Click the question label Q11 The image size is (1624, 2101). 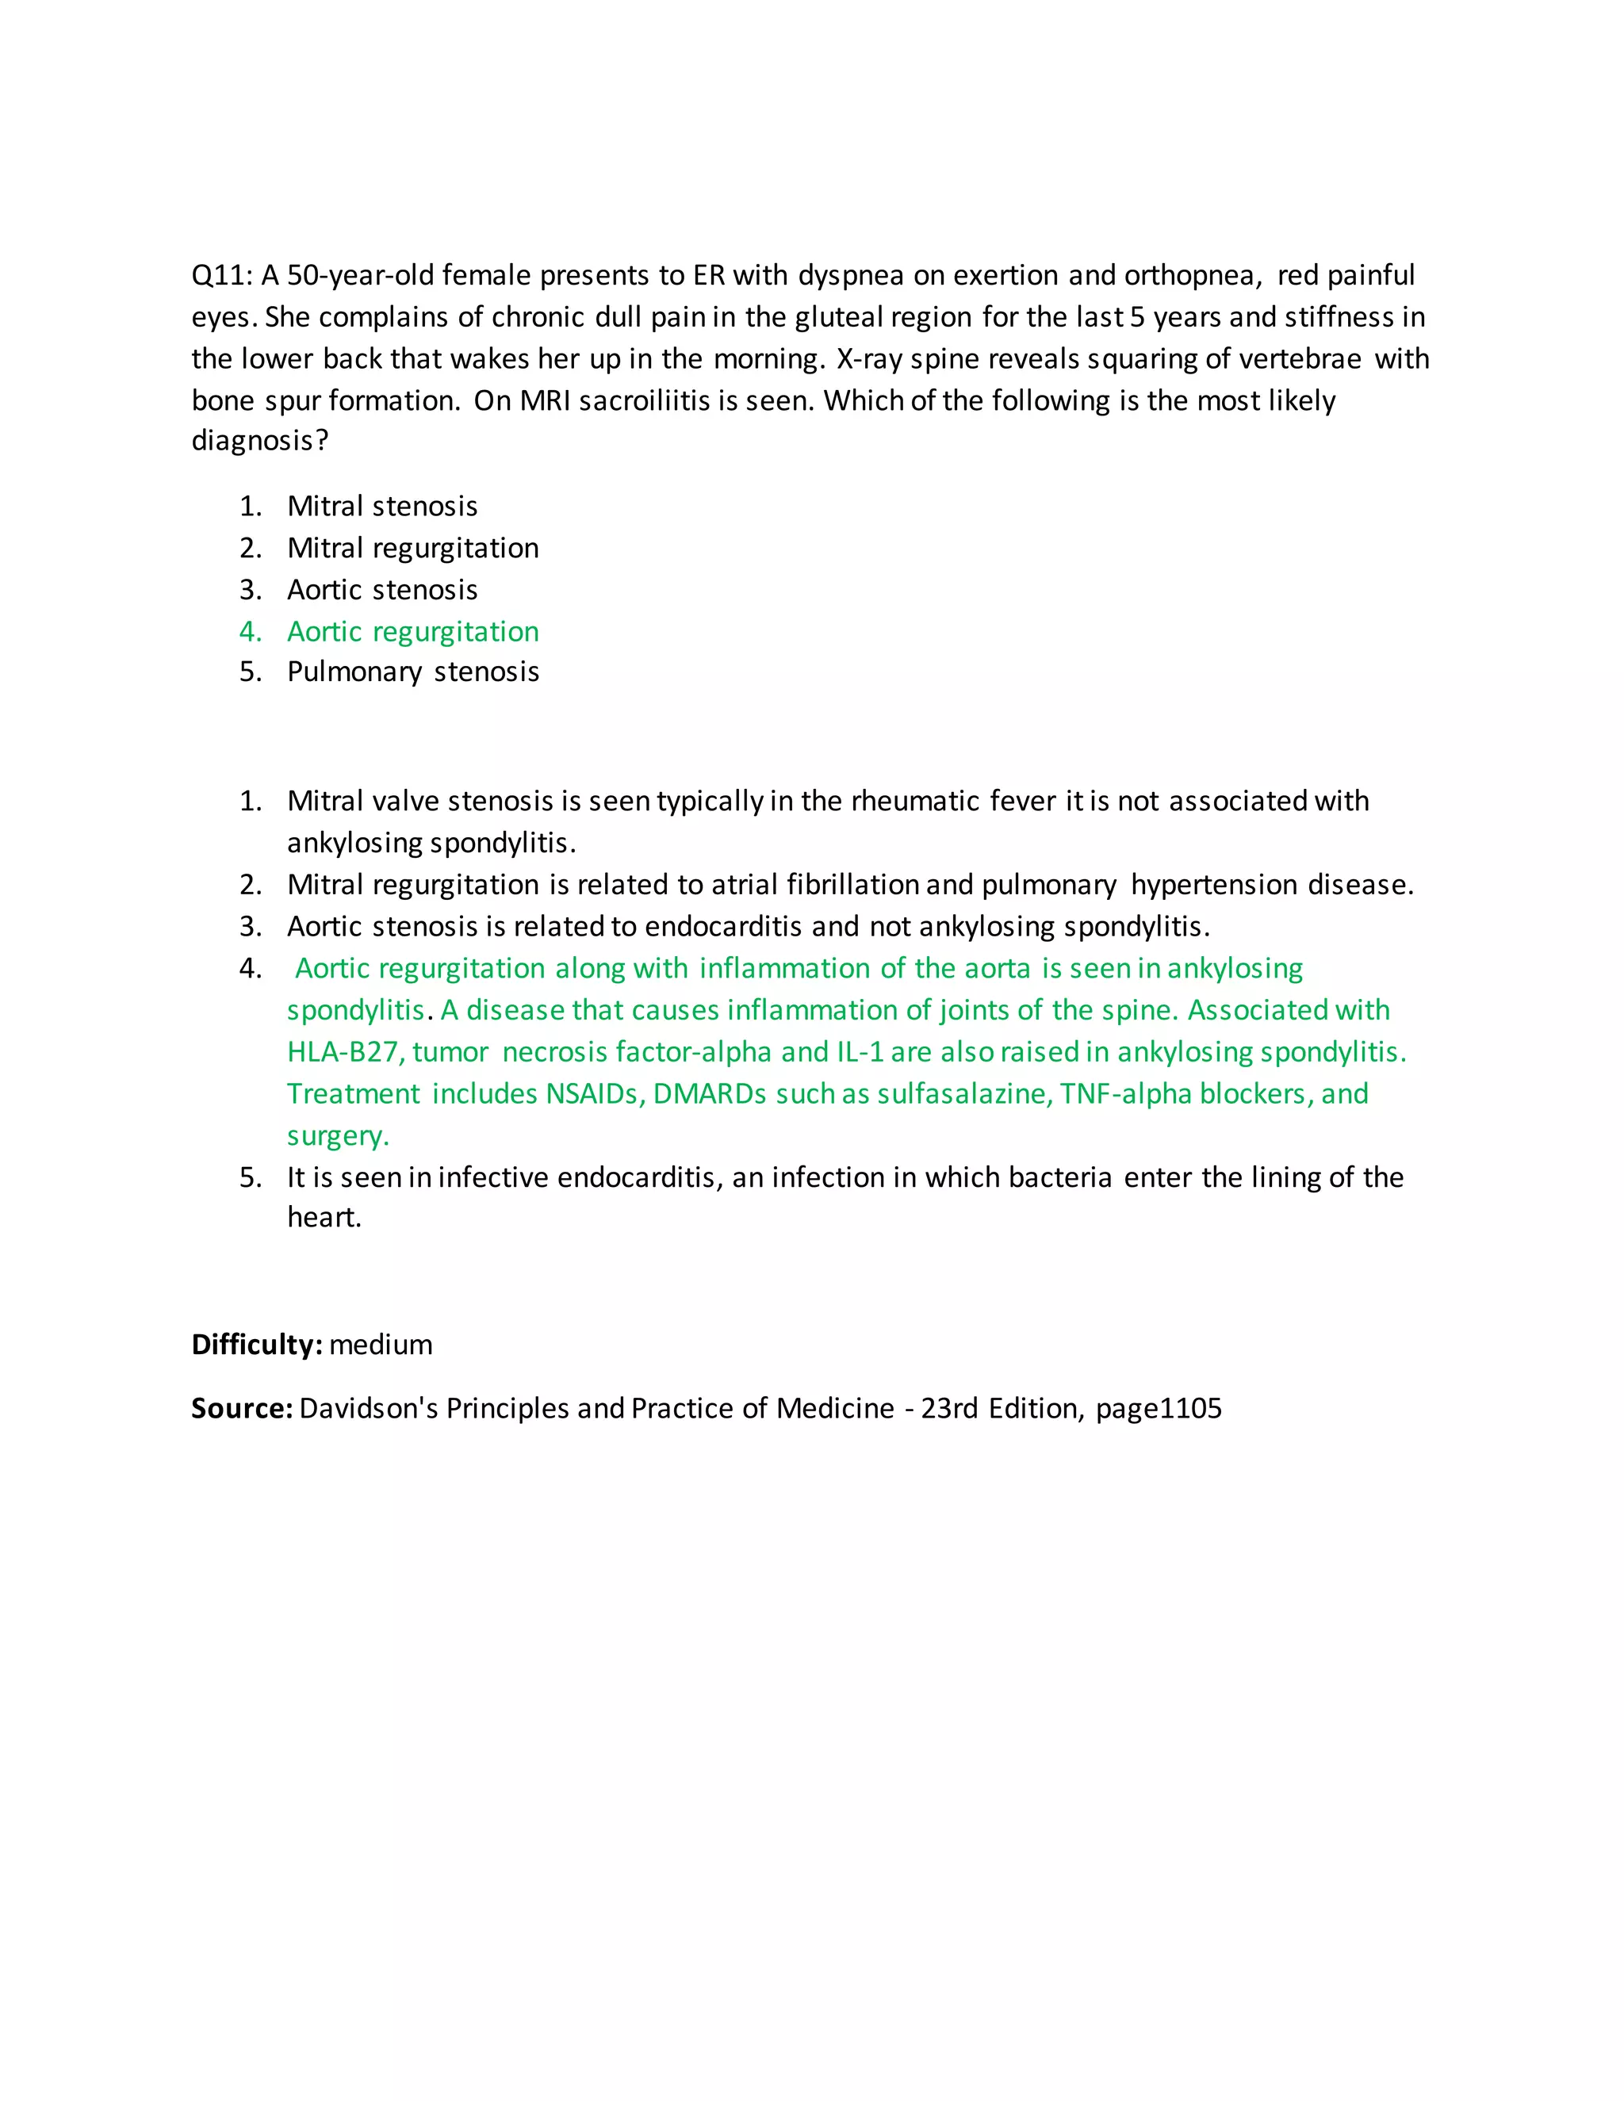tap(220, 276)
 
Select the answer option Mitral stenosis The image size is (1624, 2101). tap(382, 506)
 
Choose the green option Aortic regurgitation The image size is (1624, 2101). tap(412, 632)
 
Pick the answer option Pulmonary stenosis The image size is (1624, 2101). tap(412, 672)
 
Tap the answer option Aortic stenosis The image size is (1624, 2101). tap(382, 590)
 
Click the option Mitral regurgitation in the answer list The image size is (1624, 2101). tap(412, 549)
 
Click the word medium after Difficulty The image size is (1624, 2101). tap(381, 1345)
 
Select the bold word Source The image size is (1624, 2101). tap(240, 1408)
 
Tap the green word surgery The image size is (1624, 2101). tap(337, 1136)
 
